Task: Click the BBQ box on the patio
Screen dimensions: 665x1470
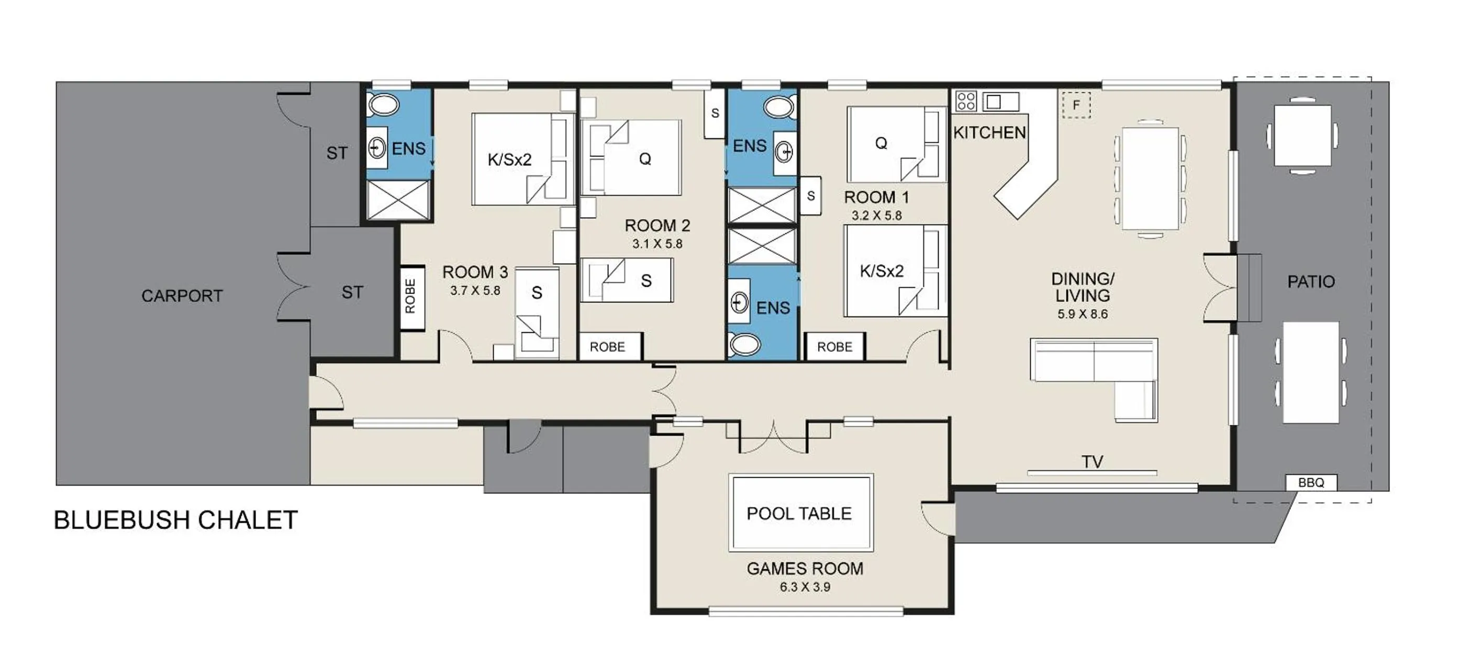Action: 1311,482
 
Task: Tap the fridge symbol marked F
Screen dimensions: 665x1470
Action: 1076,106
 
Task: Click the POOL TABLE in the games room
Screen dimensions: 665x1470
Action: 800,513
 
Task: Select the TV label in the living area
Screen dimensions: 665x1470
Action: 1092,462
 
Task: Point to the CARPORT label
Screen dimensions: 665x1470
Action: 182,296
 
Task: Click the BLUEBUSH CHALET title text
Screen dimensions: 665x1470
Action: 176,520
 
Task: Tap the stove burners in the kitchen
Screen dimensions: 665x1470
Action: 966,102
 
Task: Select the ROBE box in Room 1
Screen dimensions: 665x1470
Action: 834,347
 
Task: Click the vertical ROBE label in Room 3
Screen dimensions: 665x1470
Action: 411,297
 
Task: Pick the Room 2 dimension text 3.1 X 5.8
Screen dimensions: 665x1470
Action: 657,244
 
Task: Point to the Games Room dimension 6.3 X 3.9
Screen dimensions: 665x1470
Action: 805,587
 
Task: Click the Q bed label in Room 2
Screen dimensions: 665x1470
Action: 645,159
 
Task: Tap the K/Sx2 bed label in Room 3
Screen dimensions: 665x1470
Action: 509,160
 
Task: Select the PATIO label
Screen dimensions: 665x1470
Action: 1311,281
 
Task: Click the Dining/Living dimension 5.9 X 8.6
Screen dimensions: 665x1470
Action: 1082,314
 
